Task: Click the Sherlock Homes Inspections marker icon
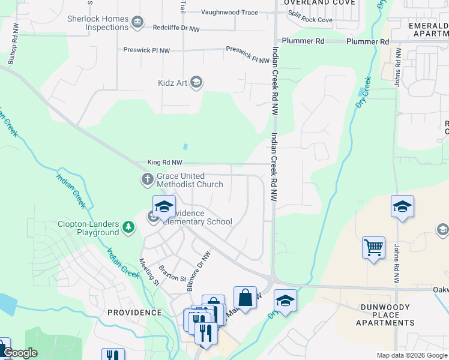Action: [x=137, y=23]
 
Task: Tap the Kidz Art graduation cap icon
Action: [x=196, y=83]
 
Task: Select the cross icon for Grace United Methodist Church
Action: [x=147, y=179]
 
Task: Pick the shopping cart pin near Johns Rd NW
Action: [x=373, y=247]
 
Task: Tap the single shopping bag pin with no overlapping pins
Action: [x=245, y=297]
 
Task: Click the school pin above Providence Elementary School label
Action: [x=164, y=206]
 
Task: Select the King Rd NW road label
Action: [x=164, y=163]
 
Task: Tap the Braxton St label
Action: [x=172, y=273]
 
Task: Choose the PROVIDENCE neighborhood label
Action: [x=134, y=313]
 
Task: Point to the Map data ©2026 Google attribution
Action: [x=411, y=355]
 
